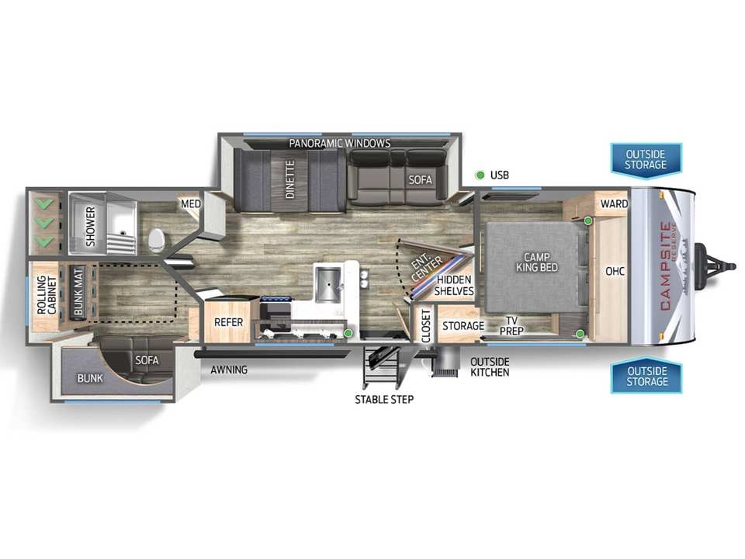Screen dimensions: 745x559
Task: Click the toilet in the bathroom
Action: [x=155, y=241]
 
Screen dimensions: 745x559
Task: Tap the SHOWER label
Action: [x=90, y=226]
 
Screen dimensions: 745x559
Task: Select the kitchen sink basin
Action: [x=327, y=284]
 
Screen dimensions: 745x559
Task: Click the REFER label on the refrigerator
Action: [x=228, y=322]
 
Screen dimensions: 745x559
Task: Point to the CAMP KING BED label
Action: [x=537, y=262]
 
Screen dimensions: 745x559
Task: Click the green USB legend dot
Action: [x=480, y=175]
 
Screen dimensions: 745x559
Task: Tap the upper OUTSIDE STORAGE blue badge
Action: [x=646, y=160]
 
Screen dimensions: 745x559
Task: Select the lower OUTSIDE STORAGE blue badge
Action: [x=646, y=376]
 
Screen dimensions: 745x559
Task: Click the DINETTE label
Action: [x=289, y=179]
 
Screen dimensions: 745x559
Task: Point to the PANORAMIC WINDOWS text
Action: [x=340, y=143]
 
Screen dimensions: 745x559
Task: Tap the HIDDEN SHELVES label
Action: [x=454, y=285]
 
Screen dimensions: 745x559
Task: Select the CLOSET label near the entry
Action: [x=426, y=325]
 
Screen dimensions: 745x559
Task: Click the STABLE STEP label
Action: [x=384, y=400]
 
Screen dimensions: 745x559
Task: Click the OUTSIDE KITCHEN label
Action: [x=490, y=367]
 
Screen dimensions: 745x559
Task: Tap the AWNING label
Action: [x=229, y=370]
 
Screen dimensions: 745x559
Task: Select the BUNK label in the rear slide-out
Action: [x=90, y=378]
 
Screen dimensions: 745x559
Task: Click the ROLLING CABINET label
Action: [x=47, y=295]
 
